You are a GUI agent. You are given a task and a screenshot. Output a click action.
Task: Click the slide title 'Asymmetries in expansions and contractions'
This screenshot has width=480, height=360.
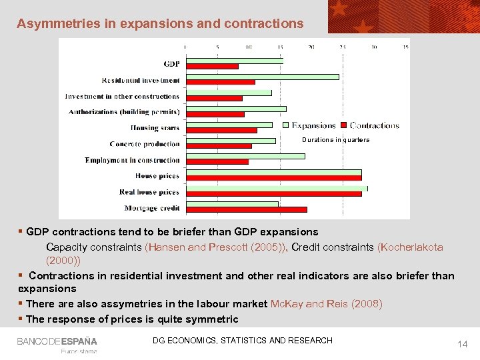pyautogui.click(x=160, y=23)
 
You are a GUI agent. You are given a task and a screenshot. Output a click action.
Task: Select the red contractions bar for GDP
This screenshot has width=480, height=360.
pyautogui.click(x=212, y=66)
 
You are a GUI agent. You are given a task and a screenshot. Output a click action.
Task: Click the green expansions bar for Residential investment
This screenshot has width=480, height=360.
pyautogui.click(x=263, y=77)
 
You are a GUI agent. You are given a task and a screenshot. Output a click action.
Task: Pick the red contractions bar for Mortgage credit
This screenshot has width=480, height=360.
pyautogui.click(x=247, y=209)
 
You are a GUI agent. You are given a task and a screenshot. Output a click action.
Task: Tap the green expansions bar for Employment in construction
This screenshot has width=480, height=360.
pyautogui.click(x=245, y=156)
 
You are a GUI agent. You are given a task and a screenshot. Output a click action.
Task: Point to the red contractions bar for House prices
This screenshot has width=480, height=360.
pyautogui.click(x=274, y=178)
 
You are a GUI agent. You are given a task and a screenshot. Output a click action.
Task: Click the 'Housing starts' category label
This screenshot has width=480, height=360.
pyautogui.click(x=155, y=128)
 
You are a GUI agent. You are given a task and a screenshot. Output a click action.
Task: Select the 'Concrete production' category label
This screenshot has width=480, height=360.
pyautogui.click(x=145, y=144)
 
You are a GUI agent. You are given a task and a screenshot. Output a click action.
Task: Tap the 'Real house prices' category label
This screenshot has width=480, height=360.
pyautogui.click(x=149, y=192)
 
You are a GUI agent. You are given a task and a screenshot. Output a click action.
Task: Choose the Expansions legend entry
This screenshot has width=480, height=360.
pyautogui.click(x=310, y=125)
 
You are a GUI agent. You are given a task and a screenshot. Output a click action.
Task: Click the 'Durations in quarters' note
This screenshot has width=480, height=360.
pyautogui.click(x=335, y=140)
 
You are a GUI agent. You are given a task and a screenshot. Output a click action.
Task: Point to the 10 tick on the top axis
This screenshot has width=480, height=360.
pyautogui.click(x=248, y=47)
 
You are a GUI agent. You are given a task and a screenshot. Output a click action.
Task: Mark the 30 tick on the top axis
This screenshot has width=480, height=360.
pyautogui.click(x=374, y=47)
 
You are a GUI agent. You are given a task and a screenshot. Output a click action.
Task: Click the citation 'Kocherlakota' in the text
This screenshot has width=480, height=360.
pyautogui.click(x=410, y=247)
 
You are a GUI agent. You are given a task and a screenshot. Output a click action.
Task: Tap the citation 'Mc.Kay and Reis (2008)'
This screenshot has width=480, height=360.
pyautogui.click(x=326, y=304)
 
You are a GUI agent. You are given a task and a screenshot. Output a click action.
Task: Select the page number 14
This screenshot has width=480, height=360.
pyautogui.click(x=462, y=344)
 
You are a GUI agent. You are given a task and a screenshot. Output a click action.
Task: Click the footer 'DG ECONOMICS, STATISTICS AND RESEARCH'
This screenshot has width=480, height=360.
pyautogui.click(x=242, y=341)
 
